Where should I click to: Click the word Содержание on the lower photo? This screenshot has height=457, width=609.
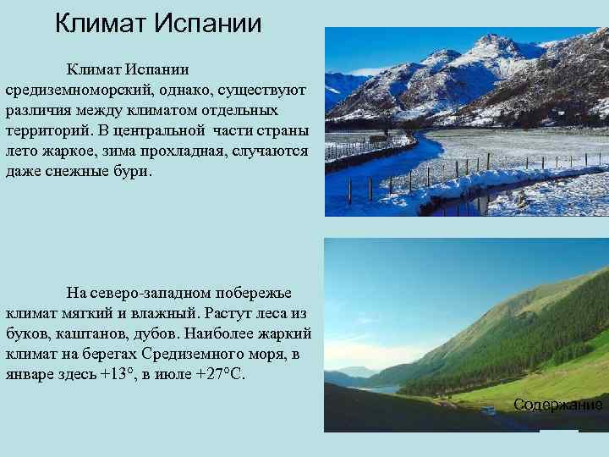(557, 405)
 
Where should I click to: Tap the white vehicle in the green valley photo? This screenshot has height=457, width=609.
(488, 410)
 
